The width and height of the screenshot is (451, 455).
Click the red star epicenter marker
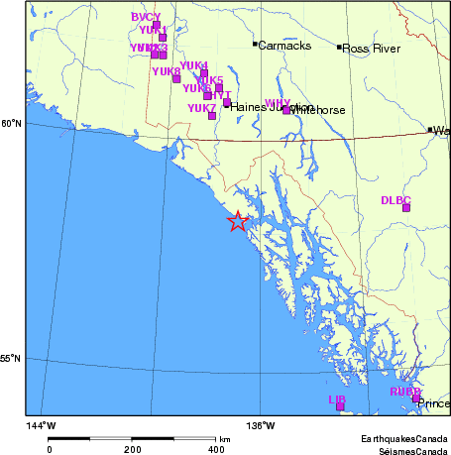click(x=237, y=222)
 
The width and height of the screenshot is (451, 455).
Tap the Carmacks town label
click(x=284, y=46)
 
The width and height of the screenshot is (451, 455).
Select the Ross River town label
click(x=370, y=48)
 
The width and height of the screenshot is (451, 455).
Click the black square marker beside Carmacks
click(x=255, y=44)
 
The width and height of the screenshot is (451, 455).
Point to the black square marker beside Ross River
click(x=339, y=47)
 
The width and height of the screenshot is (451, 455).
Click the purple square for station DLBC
click(x=405, y=207)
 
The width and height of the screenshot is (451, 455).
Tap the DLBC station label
click(x=395, y=199)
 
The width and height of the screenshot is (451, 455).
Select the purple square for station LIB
click(x=340, y=405)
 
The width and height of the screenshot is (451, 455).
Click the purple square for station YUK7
click(x=212, y=116)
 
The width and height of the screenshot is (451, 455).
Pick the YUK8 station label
click(x=167, y=71)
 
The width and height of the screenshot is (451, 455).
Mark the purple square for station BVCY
click(x=157, y=25)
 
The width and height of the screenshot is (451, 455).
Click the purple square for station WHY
click(x=286, y=110)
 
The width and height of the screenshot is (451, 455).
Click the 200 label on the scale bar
click(x=133, y=449)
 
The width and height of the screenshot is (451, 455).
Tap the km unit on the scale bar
click(x=225, y=438)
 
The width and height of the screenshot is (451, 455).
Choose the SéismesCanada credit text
click(x=408, y=449)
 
